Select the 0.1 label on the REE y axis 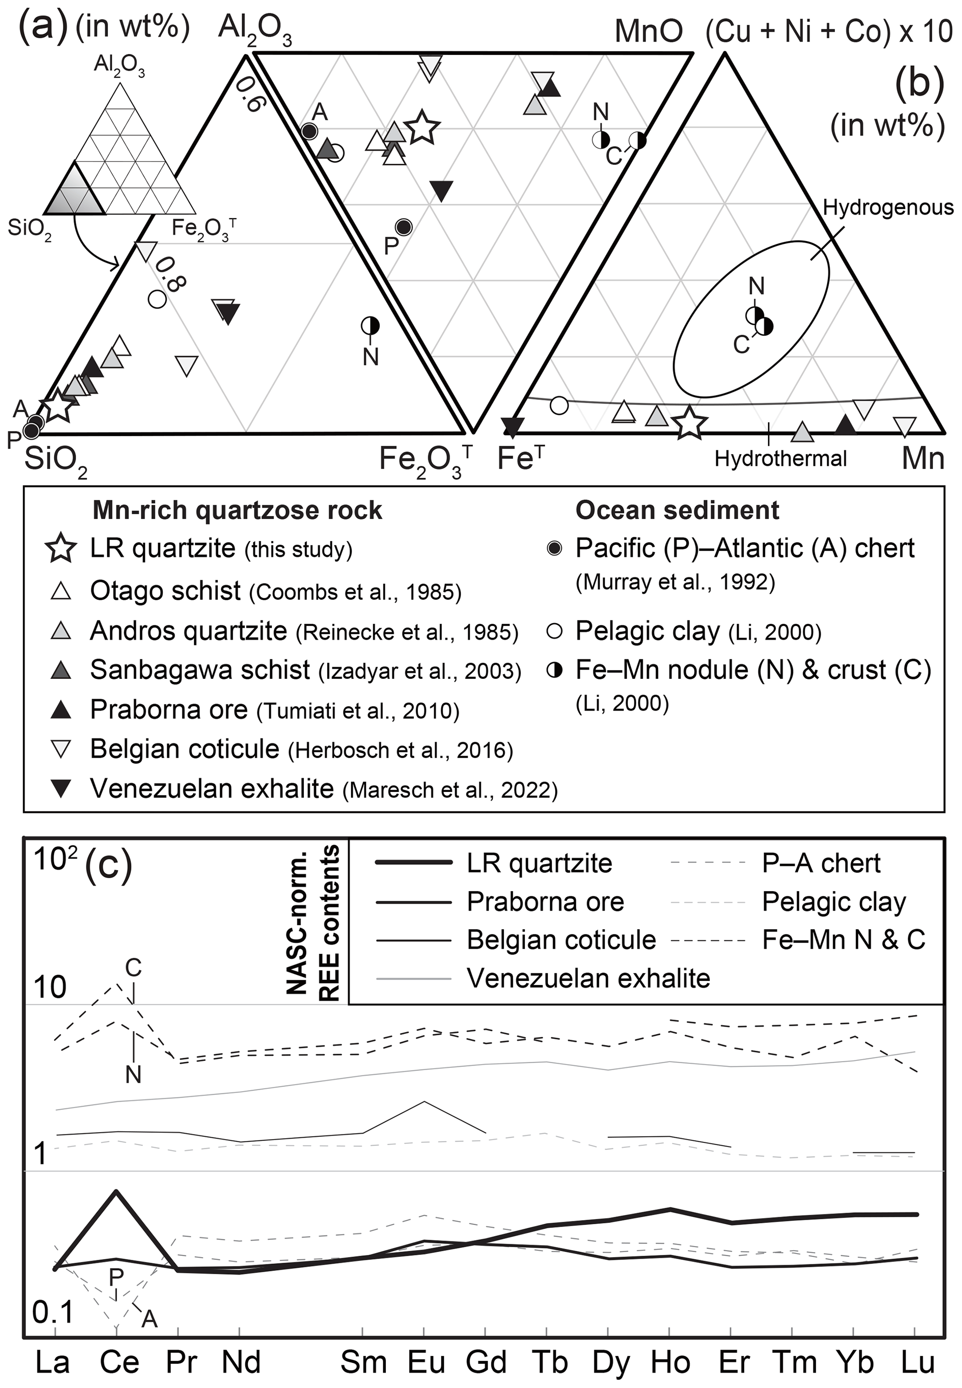(53, 1312)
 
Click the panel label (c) (108, 865)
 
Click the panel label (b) (919, 83)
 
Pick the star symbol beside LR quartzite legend (61, 549)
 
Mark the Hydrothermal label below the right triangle (780, 459)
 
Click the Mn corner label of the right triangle (922, 459)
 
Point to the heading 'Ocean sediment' (677, 510)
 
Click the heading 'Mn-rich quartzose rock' (237, 510)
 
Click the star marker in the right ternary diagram (689, 423)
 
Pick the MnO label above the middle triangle (649, 31)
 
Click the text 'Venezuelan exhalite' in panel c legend (588, 978)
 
